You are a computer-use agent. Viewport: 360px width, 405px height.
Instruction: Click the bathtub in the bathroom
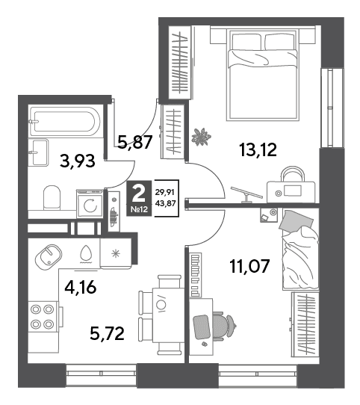(x=64, y=121)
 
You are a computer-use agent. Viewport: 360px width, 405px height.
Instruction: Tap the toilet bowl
(x=52, y=197)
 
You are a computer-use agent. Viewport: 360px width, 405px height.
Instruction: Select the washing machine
(x=90, y=204)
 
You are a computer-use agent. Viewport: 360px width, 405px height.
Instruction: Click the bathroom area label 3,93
(x=77, y=161)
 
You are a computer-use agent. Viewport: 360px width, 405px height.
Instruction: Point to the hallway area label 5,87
(x=134, y=142)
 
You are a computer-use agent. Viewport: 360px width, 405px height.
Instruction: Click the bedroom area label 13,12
(x=258, y=149)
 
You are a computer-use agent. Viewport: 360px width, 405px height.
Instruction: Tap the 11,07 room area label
(x=249, y=266)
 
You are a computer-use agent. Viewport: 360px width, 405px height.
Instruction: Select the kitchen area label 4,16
(x=81, y=287)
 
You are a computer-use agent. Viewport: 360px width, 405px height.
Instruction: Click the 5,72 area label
(x=107, y=333)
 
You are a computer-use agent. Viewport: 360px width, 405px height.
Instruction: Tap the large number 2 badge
(x=139, y=198)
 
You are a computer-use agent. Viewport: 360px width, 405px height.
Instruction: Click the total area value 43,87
(x=165, y=203)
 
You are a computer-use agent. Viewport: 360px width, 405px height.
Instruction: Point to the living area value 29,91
(x=165, y=192)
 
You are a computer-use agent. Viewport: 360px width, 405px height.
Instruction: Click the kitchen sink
(x=49, y=257)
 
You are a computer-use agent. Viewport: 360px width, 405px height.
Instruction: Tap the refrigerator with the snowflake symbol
(x=116, y=253)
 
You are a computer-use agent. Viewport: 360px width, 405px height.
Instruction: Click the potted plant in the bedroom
(x=201, y=137)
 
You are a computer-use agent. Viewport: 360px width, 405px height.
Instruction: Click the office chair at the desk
(x=223, y=326)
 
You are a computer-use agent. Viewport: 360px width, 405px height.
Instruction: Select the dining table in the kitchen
(x=168, y=315)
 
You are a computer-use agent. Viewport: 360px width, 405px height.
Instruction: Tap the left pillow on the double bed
(x=246, y=42)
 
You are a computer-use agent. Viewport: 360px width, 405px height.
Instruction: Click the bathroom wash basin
(x=39, y=152)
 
